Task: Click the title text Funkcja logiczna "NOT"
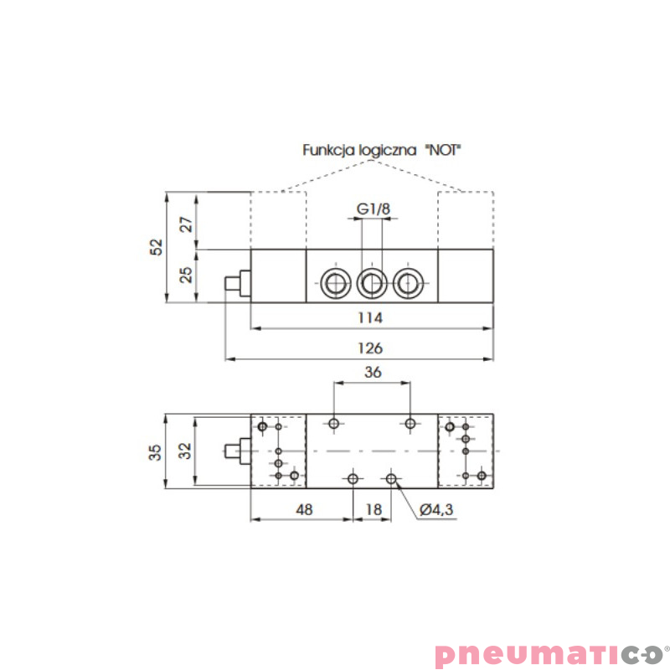click(x=382, y=151)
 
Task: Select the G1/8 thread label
click(x=374, y=209)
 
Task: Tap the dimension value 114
click(x=370, y=318)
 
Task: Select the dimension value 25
click(x=188, y=275)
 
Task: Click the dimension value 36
click(x=374, y=373)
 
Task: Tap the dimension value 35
click(x=156, y=451)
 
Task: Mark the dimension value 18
click(x=374, y=508)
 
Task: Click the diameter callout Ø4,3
click(x=436, y=508)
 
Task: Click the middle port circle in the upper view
click(x=370, y=283)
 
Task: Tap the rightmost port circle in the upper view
click(x=408, y=283)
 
